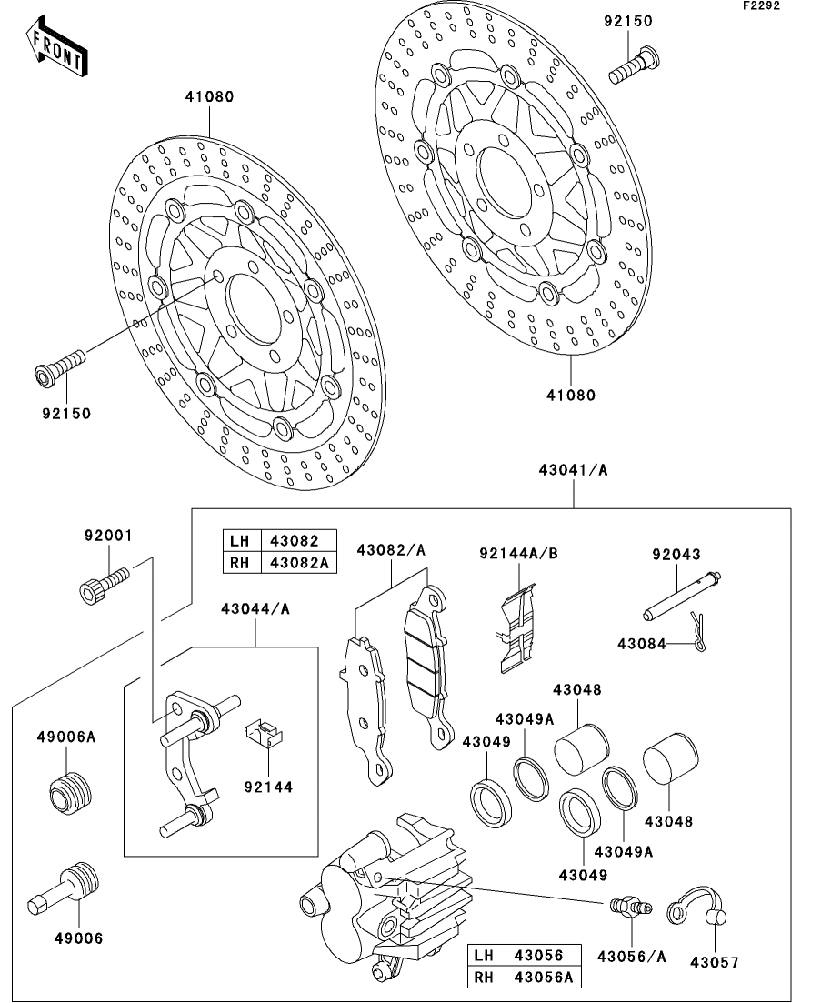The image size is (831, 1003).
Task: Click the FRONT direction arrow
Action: click(x=56, y=46)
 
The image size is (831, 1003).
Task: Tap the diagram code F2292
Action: click(x=761, y=5)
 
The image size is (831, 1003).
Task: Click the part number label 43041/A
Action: click(x=573, y=470)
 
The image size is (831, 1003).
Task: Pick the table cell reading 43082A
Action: click(x=299, y=562)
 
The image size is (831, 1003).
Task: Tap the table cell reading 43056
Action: click(x=543, y=955)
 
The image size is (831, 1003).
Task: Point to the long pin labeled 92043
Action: click(x=682, y=595)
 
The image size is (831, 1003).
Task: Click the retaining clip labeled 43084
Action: click(x=698, y=632)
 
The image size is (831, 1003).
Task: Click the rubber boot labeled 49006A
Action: click(x=70, y=793)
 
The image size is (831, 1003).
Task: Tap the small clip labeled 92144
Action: click(x=264, y=733)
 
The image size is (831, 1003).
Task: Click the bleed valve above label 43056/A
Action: click(x=629, y=906)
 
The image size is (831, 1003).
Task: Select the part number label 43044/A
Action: click(x=255, y=609)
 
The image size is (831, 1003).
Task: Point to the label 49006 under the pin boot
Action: click(x=78, y=938)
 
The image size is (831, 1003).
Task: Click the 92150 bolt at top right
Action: click(x=634, y=65)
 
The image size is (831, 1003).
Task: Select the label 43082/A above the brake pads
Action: click(x=391, y=549)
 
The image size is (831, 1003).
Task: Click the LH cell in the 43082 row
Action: click(x=242, y=540)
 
